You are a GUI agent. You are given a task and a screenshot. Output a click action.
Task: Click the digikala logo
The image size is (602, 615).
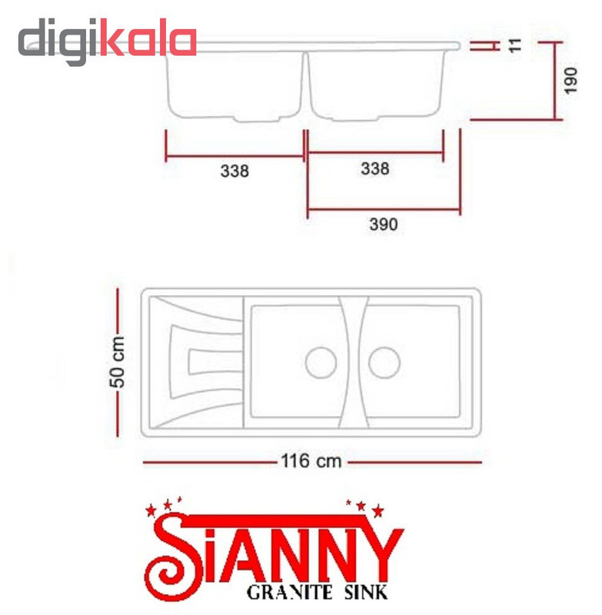(107, 42)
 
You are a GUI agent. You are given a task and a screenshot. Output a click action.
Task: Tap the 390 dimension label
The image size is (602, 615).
(383, 224)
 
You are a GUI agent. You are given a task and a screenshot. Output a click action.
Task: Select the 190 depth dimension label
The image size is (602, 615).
(570, 81)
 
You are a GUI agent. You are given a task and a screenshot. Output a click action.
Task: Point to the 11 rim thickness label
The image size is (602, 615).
(515, 45)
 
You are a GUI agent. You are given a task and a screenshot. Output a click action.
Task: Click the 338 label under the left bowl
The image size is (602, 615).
(234, 171)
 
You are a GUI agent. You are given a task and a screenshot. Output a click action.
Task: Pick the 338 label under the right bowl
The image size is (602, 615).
(375, 168)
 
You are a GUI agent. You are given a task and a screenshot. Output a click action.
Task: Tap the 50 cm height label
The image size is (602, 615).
(117, 361)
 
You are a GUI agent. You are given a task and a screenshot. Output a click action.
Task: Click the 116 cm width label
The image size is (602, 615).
(311, 461)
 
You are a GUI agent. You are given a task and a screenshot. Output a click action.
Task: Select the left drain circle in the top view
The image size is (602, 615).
(321, 362)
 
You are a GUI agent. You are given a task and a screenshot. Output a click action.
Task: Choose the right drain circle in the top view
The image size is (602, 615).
(384, 362)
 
